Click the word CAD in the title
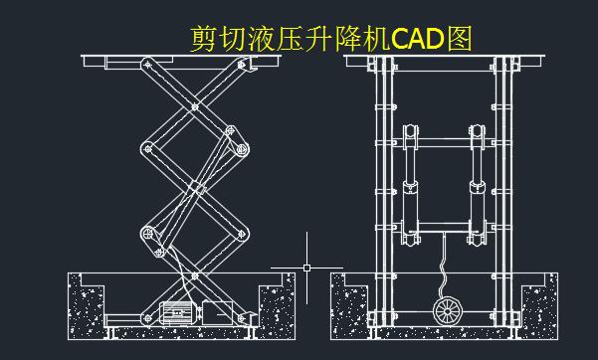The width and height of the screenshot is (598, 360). (x=419, y=39)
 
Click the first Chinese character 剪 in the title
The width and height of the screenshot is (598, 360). (x=203, y=39)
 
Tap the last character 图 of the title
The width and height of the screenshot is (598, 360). (x=460, y=39)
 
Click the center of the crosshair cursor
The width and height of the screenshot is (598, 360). (x=306, y=268)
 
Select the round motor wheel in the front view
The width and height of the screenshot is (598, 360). (x=448, y=309)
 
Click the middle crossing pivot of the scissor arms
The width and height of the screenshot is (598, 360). (x=196, y=187)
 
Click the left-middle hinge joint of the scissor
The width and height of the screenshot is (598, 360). (x=147, y=147)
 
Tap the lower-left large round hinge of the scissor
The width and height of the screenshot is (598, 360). (x=148, y=235)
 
